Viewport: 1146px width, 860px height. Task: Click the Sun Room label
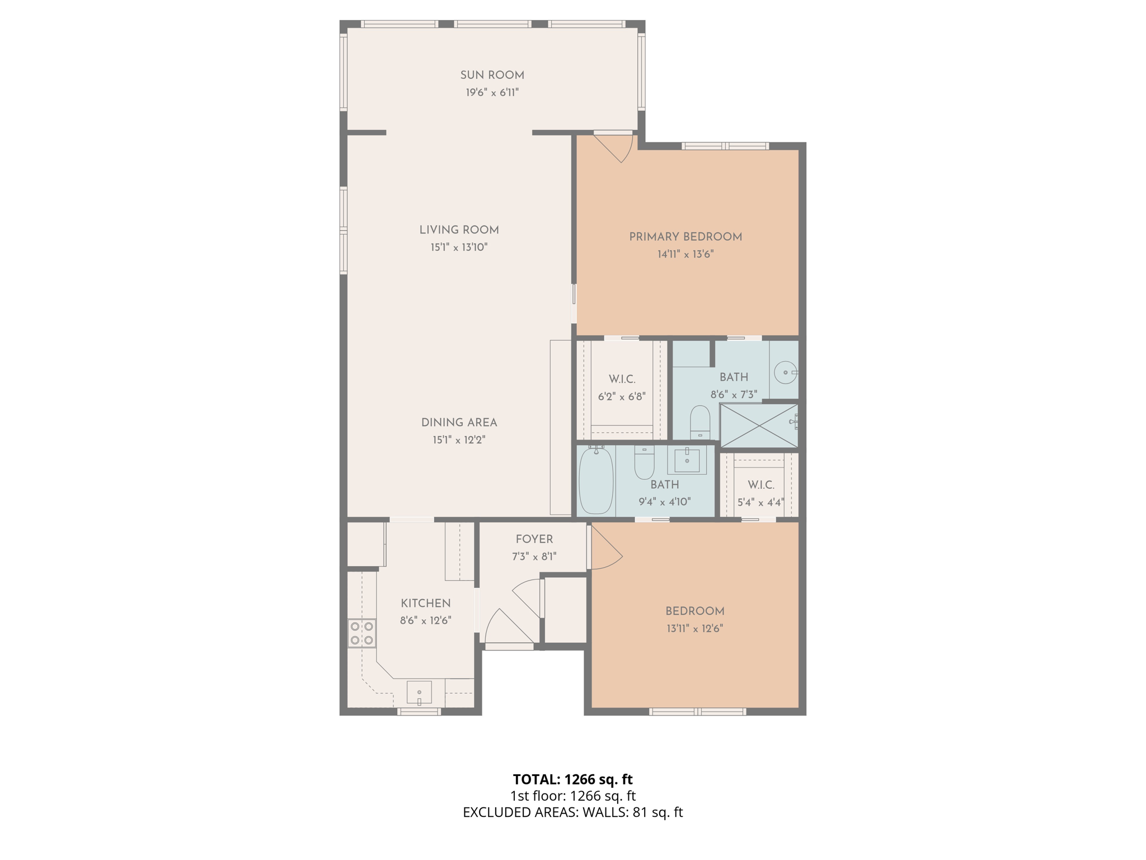pos(492,75)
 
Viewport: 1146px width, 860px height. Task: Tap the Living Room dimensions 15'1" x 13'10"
pos(459,247)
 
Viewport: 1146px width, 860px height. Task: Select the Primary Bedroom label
pos(685,237)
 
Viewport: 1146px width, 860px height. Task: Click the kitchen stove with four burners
pos(361,633)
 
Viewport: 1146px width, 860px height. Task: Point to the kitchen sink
pos(419,693)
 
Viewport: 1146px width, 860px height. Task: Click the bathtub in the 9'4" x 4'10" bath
pos(596,480)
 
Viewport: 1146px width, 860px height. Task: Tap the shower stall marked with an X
pos(759,426)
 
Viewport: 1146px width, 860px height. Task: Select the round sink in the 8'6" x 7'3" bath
pos(786,372)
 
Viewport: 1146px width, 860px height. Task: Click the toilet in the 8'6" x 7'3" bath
pos(700,423)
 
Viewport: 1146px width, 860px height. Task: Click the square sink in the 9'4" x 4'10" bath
pos(687,460)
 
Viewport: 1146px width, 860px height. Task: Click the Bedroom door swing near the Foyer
pos(606,549)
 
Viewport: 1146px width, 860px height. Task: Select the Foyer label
pos(534,539)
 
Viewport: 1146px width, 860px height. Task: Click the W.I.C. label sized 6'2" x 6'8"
pos(622,379)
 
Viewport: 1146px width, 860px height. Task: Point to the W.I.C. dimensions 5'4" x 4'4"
pos(760,502)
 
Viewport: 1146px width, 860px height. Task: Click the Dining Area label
pos(459,423)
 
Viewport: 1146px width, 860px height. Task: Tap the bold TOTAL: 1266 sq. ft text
pos(572,779)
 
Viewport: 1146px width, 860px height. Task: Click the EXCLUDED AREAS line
pos(572,812)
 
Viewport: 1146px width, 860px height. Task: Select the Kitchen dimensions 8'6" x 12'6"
pos(425,620)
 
